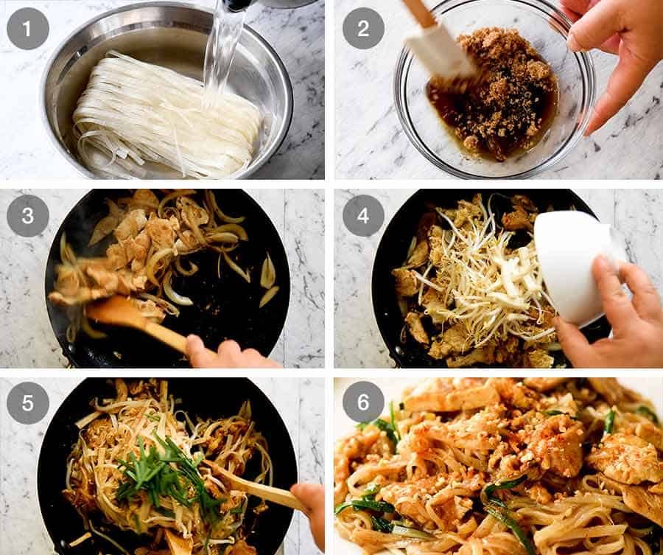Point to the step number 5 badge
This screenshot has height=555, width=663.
click(x=28, y=403)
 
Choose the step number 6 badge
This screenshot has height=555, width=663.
click(x=363, y=403)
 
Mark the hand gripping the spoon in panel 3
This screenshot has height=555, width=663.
click(x=221, y=354)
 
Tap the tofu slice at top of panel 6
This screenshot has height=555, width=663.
click(x=449, y=398)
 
